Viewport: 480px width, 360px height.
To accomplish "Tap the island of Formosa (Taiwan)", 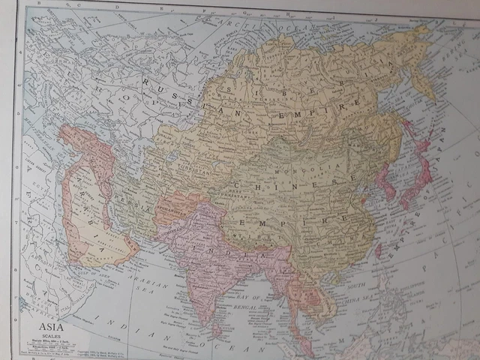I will click(379, 250).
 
